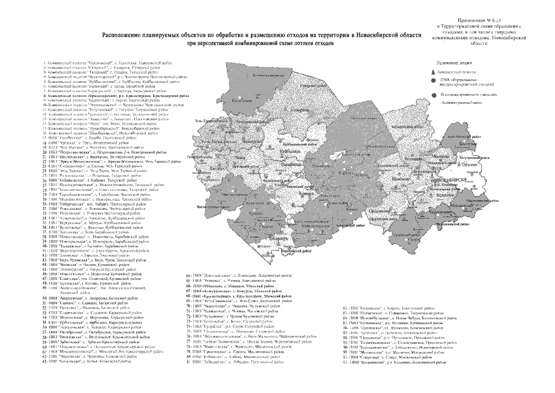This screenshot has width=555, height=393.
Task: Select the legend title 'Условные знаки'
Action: pyautogui.click(x=453, y=63)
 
